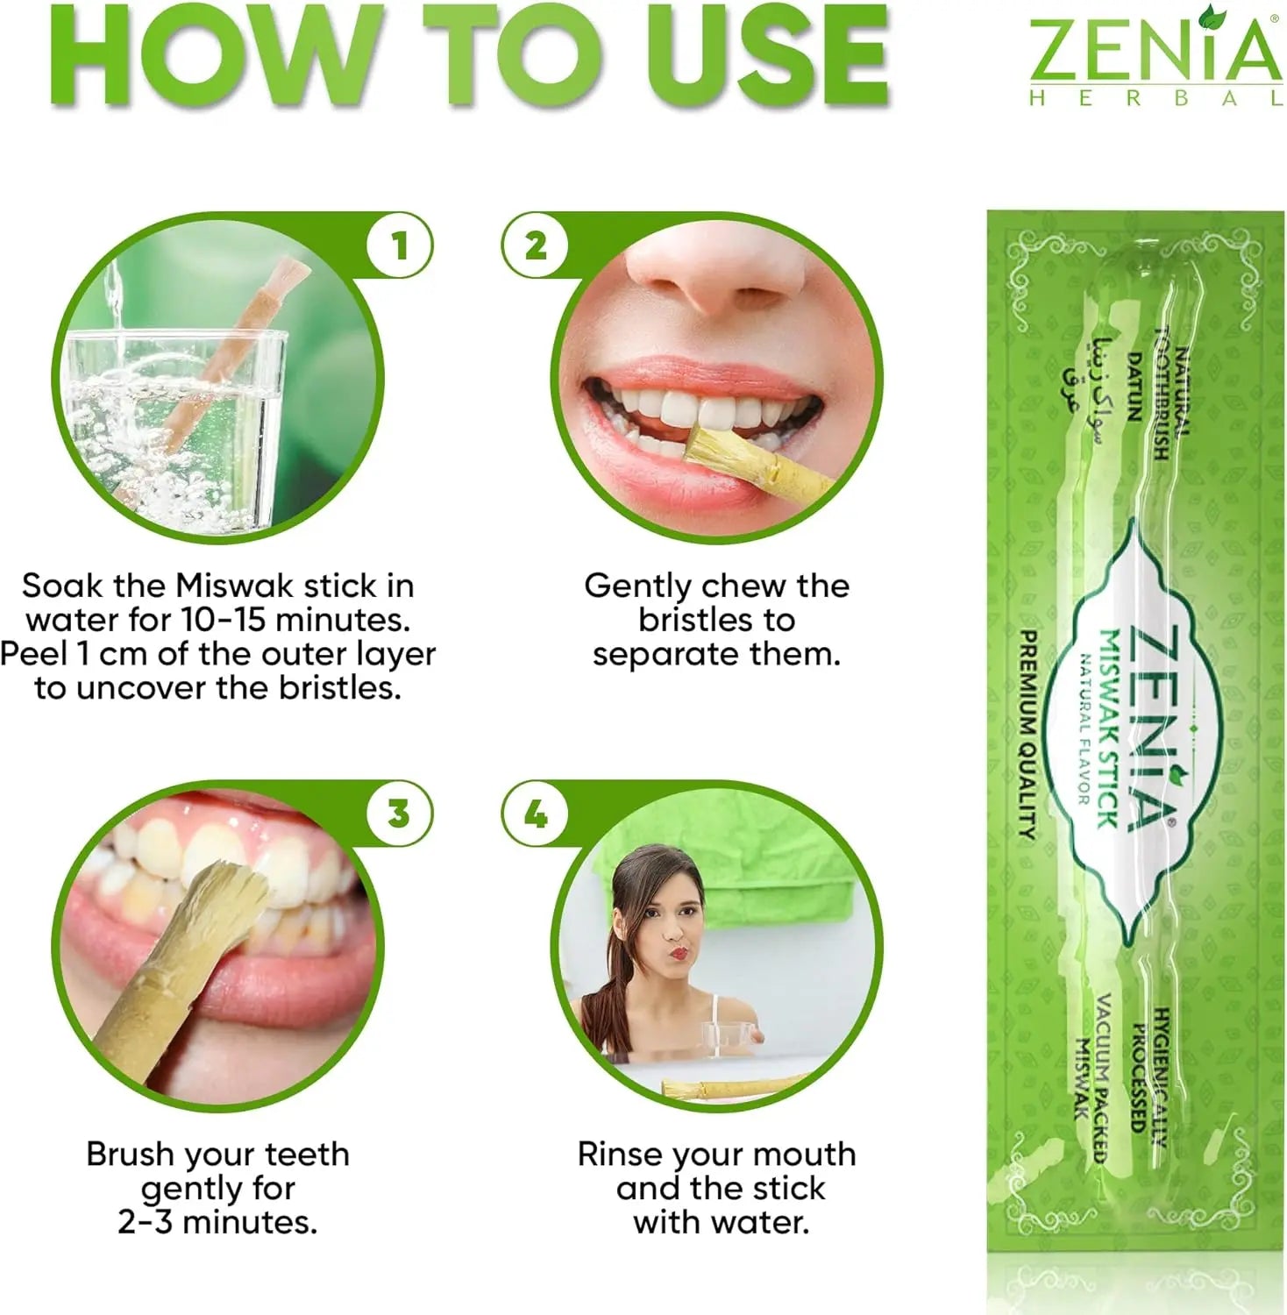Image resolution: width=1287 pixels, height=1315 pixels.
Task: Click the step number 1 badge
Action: [400, 246]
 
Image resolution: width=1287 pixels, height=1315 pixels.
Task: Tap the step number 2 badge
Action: [536, 246]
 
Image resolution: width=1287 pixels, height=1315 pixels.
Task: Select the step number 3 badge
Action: [400, 814]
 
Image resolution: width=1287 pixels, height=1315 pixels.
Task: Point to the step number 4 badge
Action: [536, 814]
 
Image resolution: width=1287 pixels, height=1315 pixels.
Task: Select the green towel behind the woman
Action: [728, 868]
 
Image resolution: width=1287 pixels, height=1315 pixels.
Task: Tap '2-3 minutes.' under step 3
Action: [217, 1222]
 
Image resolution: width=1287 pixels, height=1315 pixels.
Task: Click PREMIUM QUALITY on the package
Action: [1029, 735]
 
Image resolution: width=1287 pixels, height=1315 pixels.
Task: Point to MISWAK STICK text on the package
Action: [1108, 729]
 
